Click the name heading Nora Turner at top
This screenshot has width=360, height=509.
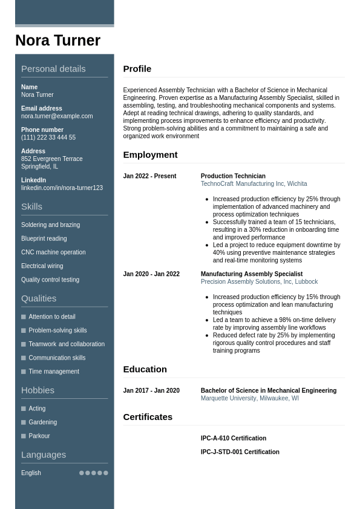(57, 41)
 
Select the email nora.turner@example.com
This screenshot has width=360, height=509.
(57, 116)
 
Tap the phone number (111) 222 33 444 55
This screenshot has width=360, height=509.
(48, 137)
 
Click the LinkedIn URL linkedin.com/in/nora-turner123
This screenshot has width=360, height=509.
(62, 188)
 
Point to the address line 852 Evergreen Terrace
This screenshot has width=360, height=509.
(52, 159)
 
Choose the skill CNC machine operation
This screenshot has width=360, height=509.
(53, 252)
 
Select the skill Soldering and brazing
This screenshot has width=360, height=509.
(50, 225)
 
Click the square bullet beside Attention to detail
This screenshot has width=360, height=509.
(24, 317)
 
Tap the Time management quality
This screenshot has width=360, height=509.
(54, 372)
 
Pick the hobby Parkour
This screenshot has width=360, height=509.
(39, 436)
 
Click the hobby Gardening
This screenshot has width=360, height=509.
(43, 422)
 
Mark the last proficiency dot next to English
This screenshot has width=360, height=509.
(106, 473)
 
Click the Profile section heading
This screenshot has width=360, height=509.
(137, 69)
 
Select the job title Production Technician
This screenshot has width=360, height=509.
(233, 176)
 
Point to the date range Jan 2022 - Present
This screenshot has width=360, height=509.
(149, 176)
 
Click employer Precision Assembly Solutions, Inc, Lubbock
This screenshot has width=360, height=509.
(259, 281)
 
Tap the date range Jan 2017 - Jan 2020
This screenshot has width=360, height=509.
(151, 390)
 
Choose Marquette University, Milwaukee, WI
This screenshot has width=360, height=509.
(249, 398)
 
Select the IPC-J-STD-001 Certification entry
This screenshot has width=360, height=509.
(240, 452)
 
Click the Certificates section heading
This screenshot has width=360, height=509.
(148, 417)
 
